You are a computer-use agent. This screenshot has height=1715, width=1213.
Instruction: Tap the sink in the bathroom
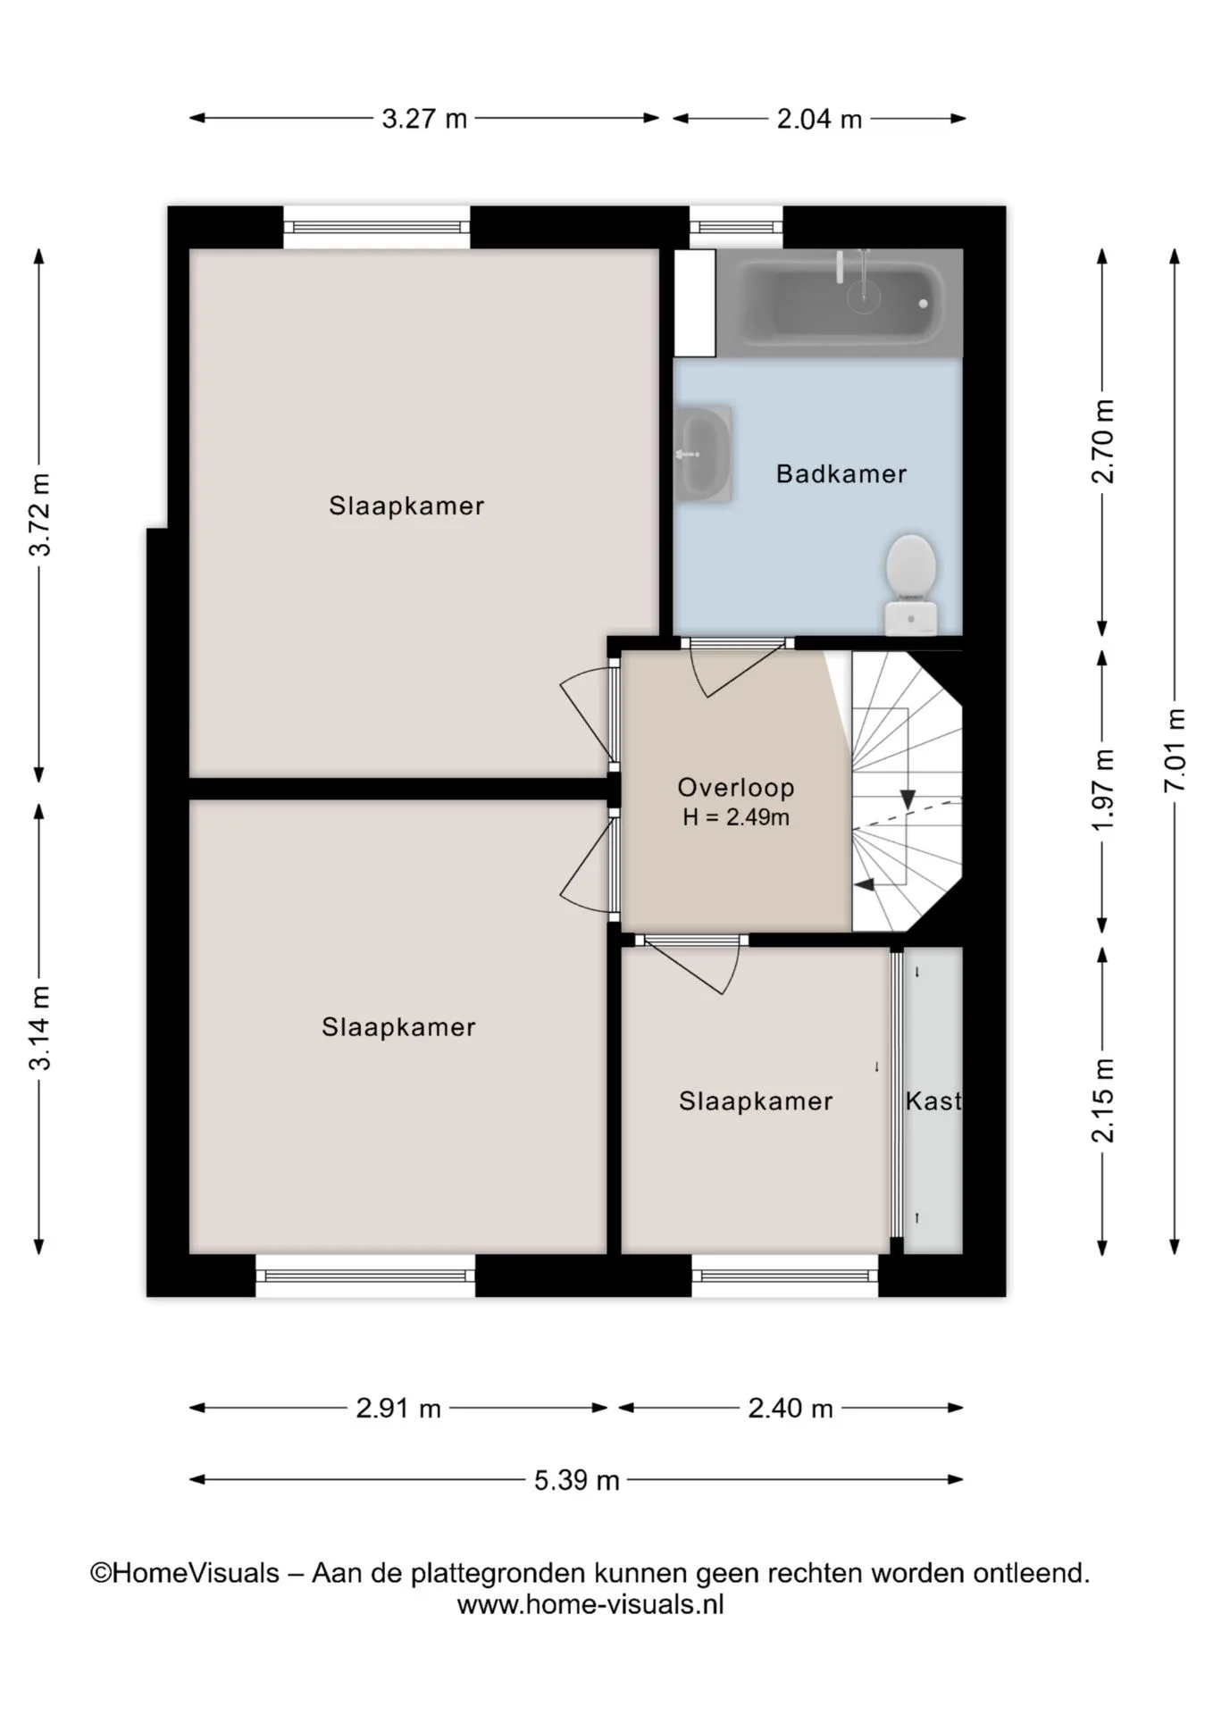pyautogui.click(x=704, y=454)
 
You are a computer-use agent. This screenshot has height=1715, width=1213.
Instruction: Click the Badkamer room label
pyautogui.click(x=841, y=473)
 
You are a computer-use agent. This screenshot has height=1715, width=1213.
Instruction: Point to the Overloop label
pyautogui.click(x=735, y=787)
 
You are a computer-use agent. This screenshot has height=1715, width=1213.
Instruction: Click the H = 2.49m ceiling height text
pyautogui.click(x=736, y=817)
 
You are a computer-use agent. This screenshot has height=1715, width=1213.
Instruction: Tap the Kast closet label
pyautogui.click(x=933, y=1100)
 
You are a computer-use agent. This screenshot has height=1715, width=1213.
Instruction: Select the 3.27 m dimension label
pyautogui.click(x=424, y=119)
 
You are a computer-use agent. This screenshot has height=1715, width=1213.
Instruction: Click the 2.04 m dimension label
pyautogui.click(x=819, y=119)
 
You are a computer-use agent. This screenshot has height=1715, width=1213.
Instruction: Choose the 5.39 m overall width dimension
pyautogui.click(x=576, y=1480)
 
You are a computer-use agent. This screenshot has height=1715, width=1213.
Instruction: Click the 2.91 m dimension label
pyautogui.click(x=398, y=1409)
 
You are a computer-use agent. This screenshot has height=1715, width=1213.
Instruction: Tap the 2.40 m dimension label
pyautogui.click(x=791, y=1409)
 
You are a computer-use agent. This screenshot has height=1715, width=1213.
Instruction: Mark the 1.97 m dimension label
pyautogui.click(x=1103, y=789)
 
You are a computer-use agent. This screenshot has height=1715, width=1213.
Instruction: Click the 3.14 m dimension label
pyautogui.click(x=40, y=1027)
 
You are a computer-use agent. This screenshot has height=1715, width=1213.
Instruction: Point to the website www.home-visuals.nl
pyautogui.click(x=590, y=1604)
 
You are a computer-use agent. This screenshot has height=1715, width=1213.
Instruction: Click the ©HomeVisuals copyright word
pyautogui.click(x=185, y=1573)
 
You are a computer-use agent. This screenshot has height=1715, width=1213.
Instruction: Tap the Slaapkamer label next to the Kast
pyautogui.click(x=756, y=1100)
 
